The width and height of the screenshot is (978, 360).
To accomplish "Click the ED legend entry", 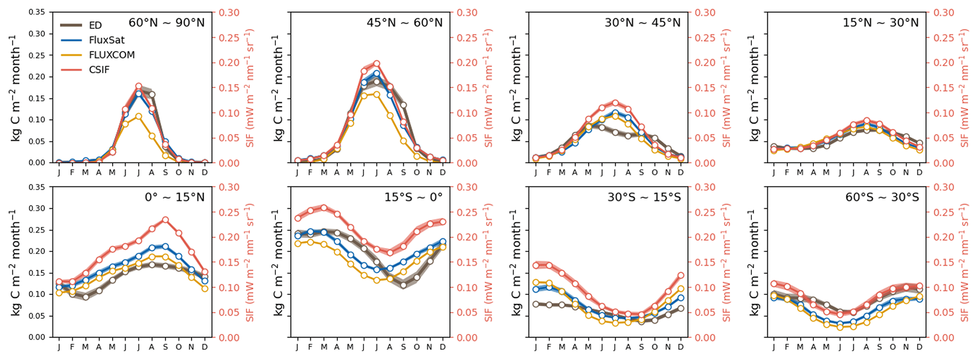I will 95,26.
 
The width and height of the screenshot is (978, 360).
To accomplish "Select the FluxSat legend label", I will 106,40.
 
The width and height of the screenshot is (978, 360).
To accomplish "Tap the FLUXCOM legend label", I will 112,55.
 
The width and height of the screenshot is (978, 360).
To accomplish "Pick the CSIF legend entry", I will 99,70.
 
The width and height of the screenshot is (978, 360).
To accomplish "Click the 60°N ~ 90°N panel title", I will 167,23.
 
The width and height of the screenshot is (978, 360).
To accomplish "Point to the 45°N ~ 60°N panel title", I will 405,23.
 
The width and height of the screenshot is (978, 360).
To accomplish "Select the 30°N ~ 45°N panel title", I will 643,23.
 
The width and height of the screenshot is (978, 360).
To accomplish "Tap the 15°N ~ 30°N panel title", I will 881,23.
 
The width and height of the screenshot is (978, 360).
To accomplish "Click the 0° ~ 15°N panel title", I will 175,197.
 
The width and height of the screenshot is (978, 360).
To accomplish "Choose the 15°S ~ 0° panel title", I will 413,197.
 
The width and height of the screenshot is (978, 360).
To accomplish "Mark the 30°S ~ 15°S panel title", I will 644,197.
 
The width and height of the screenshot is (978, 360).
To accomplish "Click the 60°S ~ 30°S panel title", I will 882,197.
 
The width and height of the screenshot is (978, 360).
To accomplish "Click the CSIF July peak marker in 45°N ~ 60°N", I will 377,63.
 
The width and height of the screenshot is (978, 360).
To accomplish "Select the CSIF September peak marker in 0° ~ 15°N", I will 165,220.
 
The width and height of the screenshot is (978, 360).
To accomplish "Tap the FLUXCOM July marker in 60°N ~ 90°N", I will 139,116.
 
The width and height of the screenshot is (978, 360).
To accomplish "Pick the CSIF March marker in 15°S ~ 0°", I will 324,207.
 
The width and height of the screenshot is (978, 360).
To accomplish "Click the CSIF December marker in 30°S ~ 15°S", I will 681,275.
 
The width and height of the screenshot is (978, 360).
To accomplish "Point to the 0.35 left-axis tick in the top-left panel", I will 37,12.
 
